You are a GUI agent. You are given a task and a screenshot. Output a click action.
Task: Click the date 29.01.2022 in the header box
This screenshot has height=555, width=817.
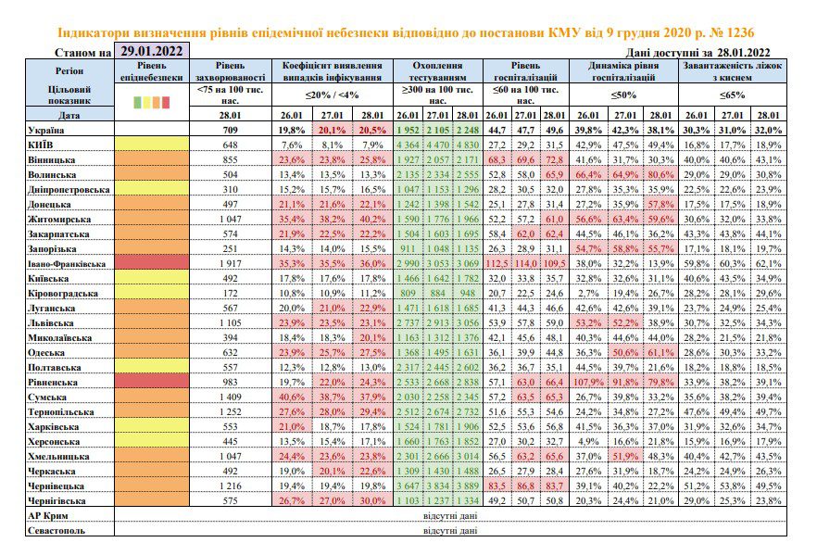pyautogui.click(x=152, y=51)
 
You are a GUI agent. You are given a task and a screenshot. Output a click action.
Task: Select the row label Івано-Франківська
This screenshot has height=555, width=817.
pyautogui.click(x=67, y=264)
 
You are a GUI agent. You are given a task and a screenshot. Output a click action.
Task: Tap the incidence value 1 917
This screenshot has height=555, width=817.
pyautogui.click(x=230, y=264)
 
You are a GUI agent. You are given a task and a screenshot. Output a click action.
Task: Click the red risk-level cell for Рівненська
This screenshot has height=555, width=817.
pyautogui.click(x=152, y=382)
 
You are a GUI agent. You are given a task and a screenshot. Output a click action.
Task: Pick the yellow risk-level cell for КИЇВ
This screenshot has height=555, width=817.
pyautogui.click(x=152, y=145)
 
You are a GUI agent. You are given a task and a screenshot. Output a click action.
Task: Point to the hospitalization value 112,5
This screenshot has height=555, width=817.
pyautogui.click(x=496, y=264)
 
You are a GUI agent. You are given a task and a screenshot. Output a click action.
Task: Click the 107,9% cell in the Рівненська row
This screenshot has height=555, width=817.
pyautogui.click(x=588, y=382)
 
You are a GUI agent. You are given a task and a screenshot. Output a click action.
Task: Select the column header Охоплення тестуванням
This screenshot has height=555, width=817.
pyautogui.click(x=437, y=71)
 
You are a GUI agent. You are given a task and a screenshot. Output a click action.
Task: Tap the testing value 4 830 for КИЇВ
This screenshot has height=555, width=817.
pyautogui.click(x=467, y=145)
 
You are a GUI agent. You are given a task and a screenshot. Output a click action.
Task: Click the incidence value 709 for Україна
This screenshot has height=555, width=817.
pyautogui.click(x=230, y=130)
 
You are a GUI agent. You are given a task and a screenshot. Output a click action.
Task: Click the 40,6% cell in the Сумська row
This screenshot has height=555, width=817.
pyautogui.click(x=292, y=397)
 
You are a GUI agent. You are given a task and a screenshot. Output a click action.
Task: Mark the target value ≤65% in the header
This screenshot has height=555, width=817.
pyautogui.click(x=732, y=95)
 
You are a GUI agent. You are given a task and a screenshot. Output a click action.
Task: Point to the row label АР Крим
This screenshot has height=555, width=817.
pyautogui.click(x=48, y=516)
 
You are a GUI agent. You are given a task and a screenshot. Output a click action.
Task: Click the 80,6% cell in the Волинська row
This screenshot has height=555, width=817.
pyautogui.click(x=660, y=174)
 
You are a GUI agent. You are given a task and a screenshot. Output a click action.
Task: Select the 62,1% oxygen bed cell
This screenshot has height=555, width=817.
pyautogui.click(x=769, y=264)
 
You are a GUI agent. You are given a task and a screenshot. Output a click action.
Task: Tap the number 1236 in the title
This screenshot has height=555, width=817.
pyautogui.click(x=739, y=32)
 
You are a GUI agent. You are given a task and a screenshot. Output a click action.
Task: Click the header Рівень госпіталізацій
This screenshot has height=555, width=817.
pyautogui.click(x=526, y=71)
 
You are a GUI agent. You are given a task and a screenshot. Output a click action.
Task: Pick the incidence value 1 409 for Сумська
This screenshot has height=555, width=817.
pyautogui.click(x=230, y=397)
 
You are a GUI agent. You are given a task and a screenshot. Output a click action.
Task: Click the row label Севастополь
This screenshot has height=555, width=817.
pyautogui.click(x=57, y=531)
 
